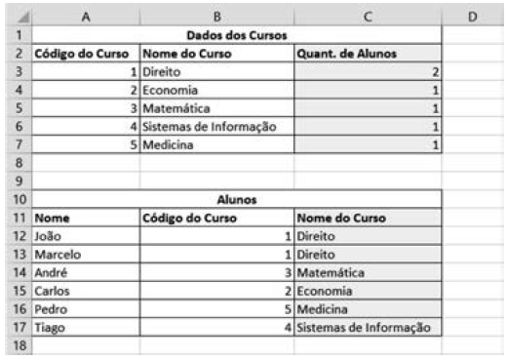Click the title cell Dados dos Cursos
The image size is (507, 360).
(237, 35)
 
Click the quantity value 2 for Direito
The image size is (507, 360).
(436, 72)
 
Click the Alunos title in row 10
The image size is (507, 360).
(237, 198)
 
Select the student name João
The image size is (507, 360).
(48, 235)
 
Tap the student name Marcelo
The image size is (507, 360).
(57, 254)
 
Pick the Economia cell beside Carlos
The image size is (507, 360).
(327, 291)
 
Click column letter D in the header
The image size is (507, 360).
(472, 16)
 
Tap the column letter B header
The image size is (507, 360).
(216, 16)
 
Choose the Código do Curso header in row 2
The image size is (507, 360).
(86, 54)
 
